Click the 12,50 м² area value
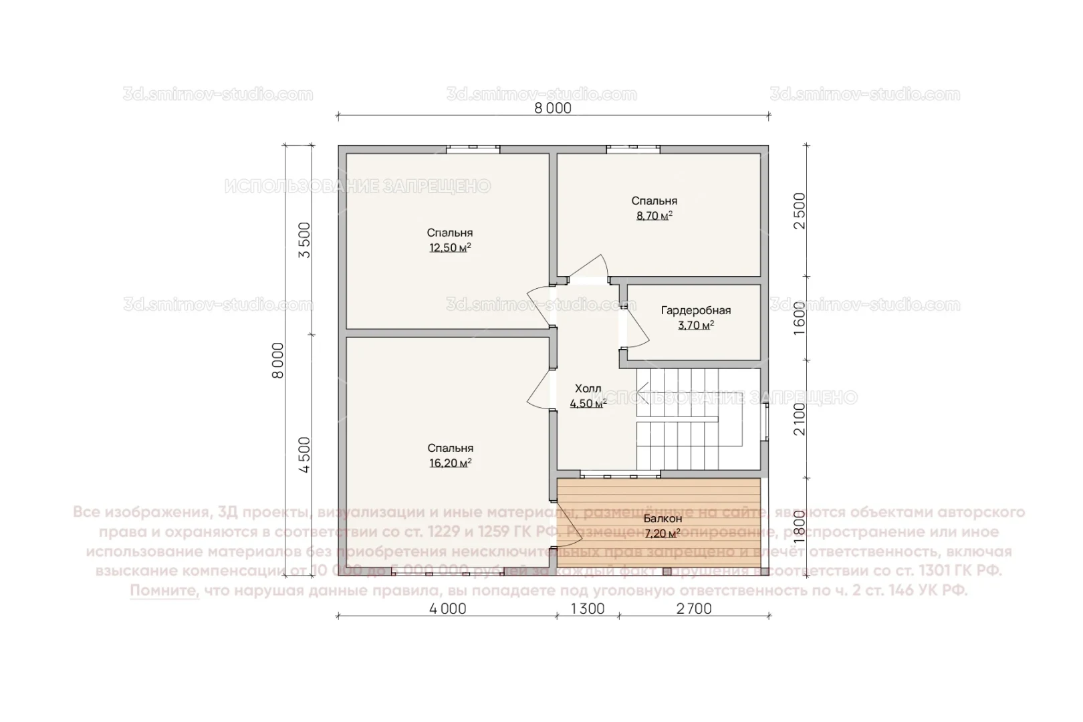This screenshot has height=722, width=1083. (x=450, y=248)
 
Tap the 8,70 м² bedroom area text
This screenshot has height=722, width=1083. (x=654, y=216)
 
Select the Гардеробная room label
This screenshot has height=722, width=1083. (x=695, y=310)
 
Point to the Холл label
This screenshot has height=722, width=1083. (x=588, y=388)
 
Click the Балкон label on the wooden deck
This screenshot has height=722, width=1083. (x=663, y=519)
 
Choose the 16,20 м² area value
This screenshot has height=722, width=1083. (x=450, y=463)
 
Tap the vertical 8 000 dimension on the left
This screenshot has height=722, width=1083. (x=278, y=360)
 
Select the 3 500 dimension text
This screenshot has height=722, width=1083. (x=304, y=241)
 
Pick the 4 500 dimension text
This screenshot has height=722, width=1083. (x=304, y=455)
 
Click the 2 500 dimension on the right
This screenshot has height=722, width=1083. (x=800, y=211)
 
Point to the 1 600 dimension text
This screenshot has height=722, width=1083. (x=800, y=318)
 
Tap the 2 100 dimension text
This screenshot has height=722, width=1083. (x=800, y=418)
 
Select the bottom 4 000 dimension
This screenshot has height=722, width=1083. (x=447, y=609)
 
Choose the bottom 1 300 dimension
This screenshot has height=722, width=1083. (x=587, y=609)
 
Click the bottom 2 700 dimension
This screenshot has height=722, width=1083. (x=694, y=609)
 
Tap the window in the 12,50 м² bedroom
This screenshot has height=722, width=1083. (x=473, y=148)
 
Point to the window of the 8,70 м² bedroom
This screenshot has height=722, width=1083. (x=632, y=148)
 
